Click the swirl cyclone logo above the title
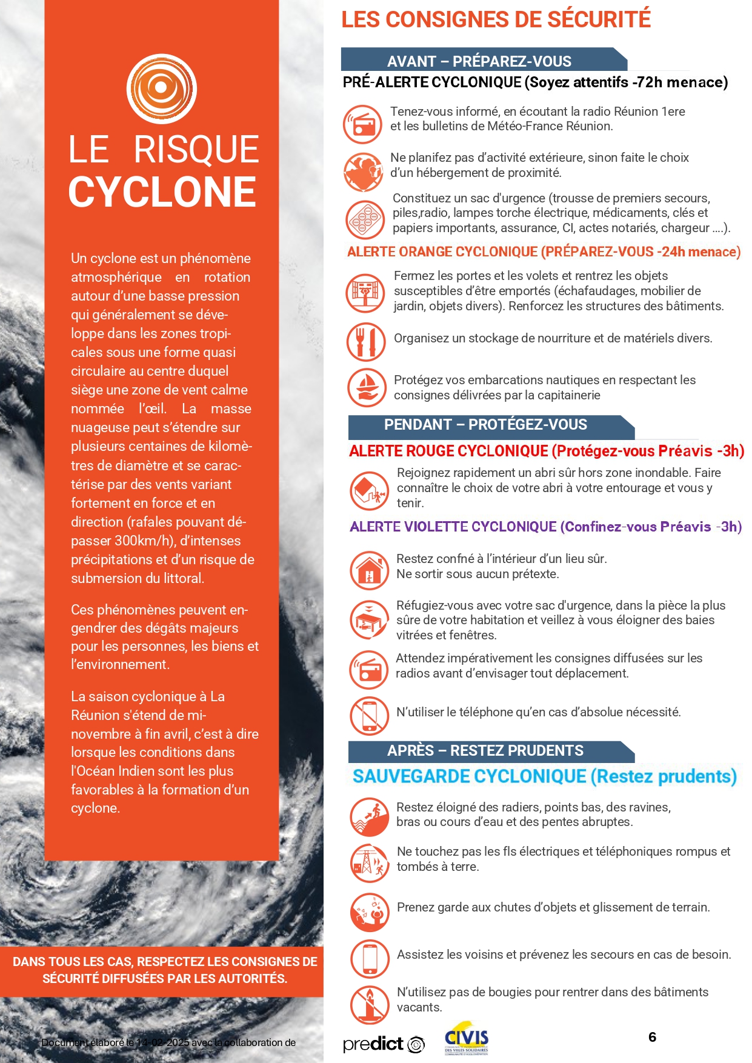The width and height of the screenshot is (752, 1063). [161, 88]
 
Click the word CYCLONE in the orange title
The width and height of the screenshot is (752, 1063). [162, 192]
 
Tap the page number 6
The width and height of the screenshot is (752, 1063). [652, 1037]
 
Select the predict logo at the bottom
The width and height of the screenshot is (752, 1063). [383, 1044]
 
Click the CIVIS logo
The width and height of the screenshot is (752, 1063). [466, 1041]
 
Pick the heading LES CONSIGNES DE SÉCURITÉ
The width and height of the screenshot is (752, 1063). [496, 19]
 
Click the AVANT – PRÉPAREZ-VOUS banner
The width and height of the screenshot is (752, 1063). [479, 61]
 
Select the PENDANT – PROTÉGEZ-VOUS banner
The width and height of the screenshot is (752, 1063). [485, 425]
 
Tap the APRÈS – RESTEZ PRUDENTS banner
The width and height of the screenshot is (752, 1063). [485, 751]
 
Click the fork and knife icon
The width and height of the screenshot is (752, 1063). [366, 342]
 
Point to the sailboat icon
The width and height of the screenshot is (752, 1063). [367, 387]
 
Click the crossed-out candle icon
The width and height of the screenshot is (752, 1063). [369, 1004]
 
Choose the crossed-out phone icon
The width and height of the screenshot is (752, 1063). [369, 716]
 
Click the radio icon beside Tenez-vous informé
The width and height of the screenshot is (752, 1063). [362, 124]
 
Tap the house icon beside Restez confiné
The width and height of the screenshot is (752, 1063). [369, 570]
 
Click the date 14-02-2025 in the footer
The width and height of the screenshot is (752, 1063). [163, 1042]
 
